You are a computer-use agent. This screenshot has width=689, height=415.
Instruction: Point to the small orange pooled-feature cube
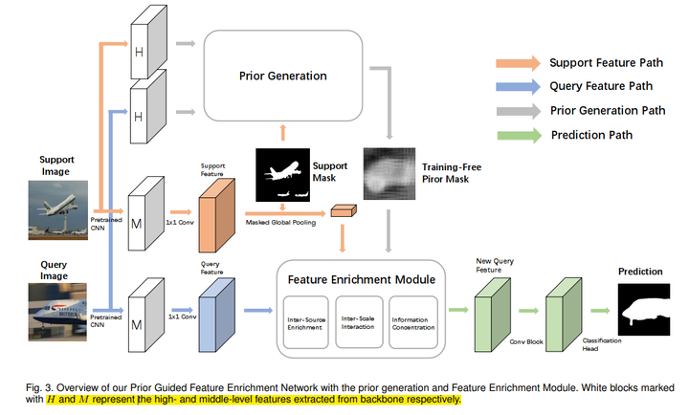click(x=342, y=211)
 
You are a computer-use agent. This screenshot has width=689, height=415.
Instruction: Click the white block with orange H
click(x=138, y=47)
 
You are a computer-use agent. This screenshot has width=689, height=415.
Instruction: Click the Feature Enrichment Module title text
click(x=362, y=279)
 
